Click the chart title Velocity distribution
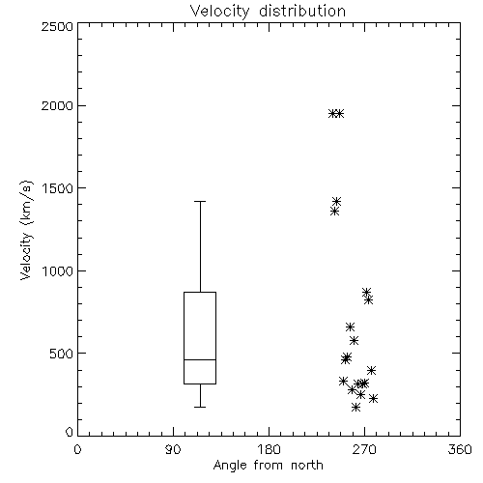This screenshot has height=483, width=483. tap(268, 11)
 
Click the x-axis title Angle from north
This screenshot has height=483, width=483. tap(268, 465)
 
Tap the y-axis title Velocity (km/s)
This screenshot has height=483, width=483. tap(26, 230)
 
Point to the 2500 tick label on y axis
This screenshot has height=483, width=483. tap(57, 26)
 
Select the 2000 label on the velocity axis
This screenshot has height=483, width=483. tap(57, 105)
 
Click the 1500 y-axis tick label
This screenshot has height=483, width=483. tap(58, 188)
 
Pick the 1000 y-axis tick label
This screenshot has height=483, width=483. tap(58, 270)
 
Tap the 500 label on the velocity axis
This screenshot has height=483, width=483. tap(62, 354)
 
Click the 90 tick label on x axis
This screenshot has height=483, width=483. tap(173, 449)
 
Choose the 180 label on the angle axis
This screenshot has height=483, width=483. tap(268, 449)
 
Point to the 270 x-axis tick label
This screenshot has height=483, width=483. tap(364, 449)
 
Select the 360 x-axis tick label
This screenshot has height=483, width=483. tap(460, 449)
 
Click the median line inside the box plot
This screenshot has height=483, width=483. tap(200, 359)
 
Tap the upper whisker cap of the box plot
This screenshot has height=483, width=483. tap(200, 201)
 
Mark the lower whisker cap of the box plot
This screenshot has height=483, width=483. tap(200, 407)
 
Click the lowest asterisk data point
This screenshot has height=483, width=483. tap(355, 408)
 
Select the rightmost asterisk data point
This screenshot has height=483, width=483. tap(373, 398)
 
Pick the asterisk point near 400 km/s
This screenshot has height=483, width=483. tap(371, 370)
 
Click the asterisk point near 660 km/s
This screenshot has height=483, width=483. tap(350, 327)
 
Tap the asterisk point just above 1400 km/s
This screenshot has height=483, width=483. tap(336, 202)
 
